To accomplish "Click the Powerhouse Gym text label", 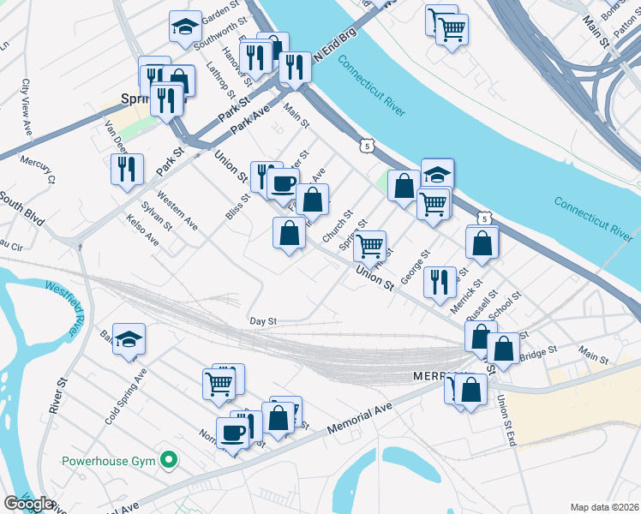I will click(108, 461).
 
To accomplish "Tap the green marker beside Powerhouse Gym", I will click(170, 461).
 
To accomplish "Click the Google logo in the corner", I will click(28, 504).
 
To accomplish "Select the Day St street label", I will click(263, 320).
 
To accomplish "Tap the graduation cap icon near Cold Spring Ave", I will click(129, 339).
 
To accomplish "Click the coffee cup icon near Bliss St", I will click(283, 182).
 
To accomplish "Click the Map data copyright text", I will click(604, 507).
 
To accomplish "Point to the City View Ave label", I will click(27, 106).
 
